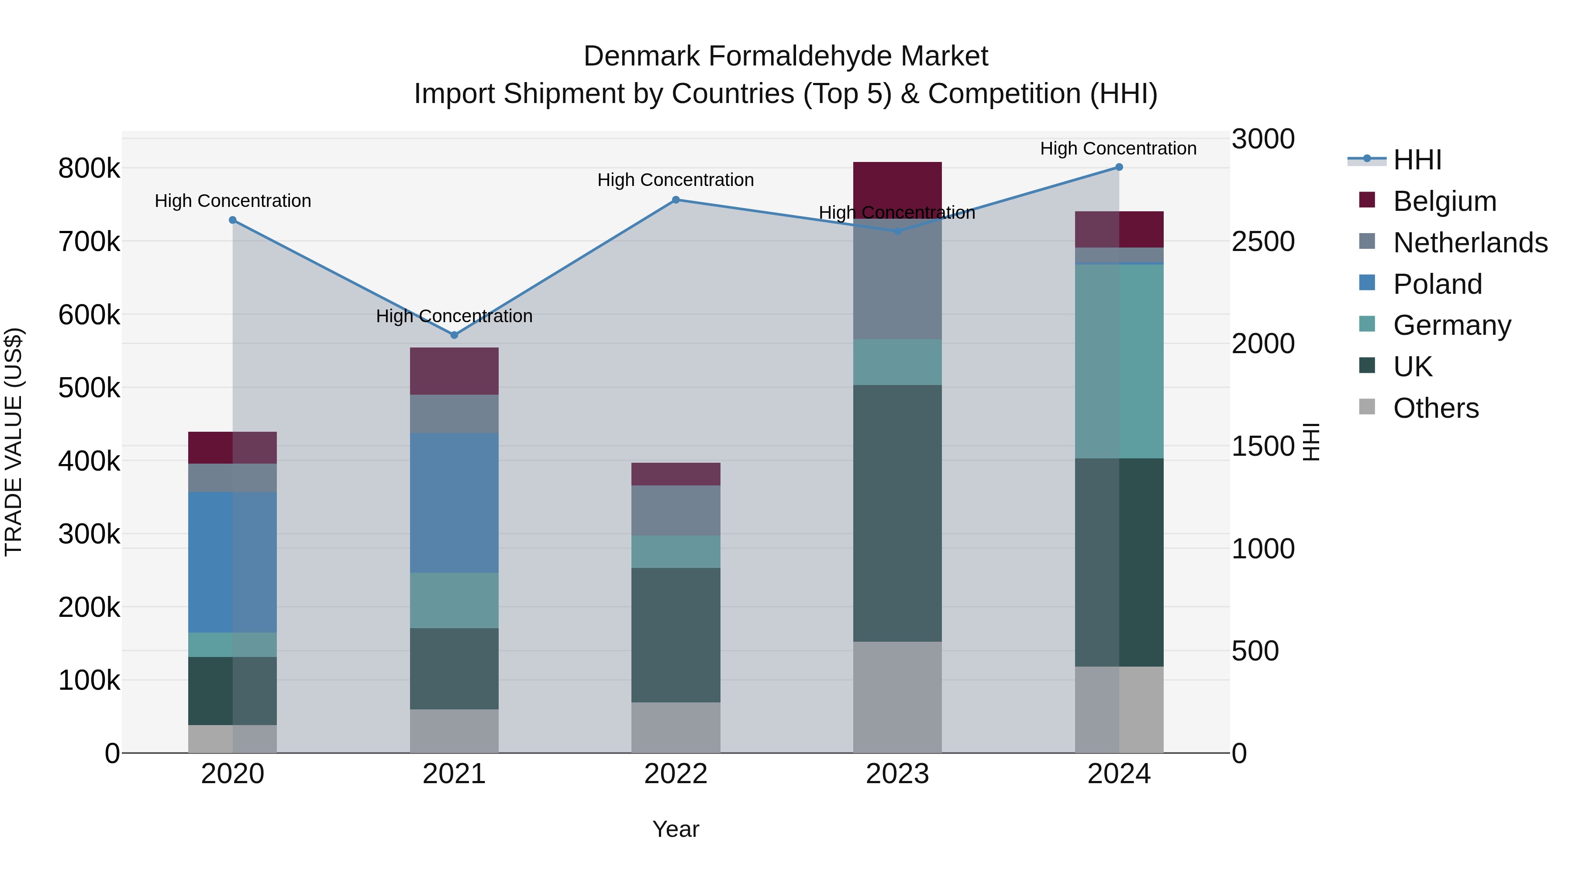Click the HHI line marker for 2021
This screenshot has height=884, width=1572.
[454, 335]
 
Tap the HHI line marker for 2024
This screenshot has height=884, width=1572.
[1119, 167]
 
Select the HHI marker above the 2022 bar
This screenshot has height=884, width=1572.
[676, 200]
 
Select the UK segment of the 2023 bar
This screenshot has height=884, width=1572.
[897, 513]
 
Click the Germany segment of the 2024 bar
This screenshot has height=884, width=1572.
[1119, 361]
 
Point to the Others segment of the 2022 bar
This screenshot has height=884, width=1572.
[676, 727]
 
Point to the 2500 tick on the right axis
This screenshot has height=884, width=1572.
[1262, 241]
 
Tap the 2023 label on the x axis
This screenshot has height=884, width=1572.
[897, 774]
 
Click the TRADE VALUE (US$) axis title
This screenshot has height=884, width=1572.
[14, 442]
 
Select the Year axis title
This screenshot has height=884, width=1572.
[676, 829]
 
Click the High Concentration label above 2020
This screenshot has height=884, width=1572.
[232, 201]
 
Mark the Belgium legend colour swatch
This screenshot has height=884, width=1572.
[1367, 200]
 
